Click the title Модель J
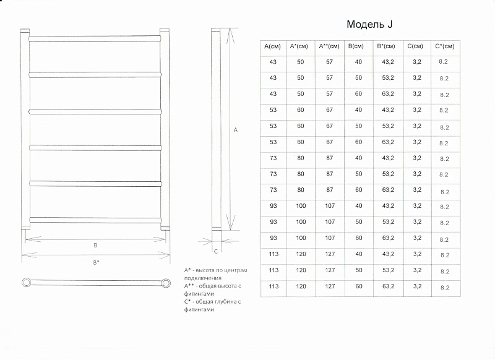pos(369,24)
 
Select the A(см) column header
pos(272,46)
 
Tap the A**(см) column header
pos(329,46)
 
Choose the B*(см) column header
pos(386,46)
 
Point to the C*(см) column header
pos(444,46)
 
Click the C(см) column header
pos(415,46)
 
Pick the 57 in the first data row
pos(329,62)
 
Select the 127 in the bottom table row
pos(330,286)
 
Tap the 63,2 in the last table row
pos(388,286)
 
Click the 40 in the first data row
pos(358,62)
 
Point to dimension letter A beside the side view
pos(235,130)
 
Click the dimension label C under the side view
pos(216,252)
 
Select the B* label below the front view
pos(96,262)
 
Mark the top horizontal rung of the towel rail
pos(95,39)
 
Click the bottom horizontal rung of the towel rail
pos(95,220)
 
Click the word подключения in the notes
pos(203,278)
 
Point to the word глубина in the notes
pos(225,302)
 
